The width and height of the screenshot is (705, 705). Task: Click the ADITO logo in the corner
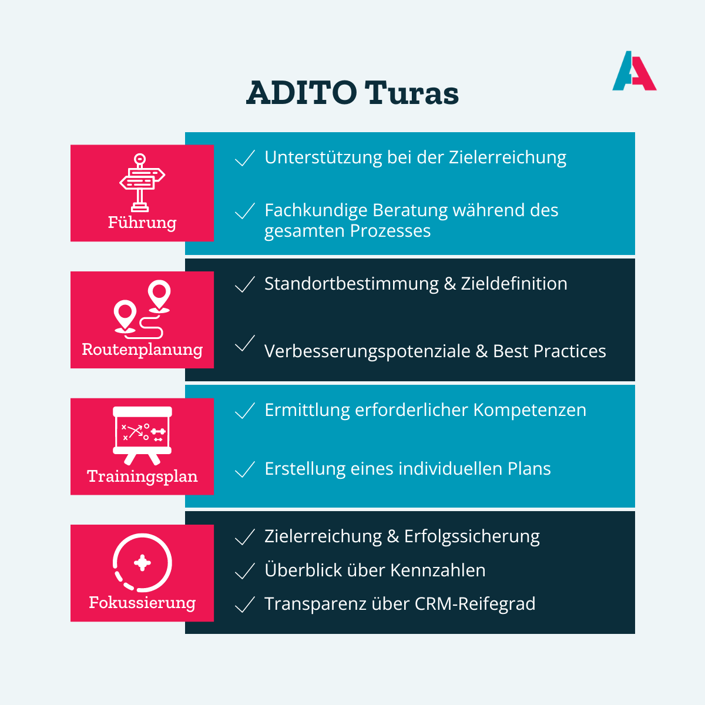[634, 70]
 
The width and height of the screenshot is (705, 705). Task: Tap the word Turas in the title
[412, 93]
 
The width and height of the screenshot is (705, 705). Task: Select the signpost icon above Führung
[142, 183]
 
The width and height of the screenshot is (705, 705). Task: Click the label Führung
[142, 223]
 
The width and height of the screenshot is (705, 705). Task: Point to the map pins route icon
[142, 309]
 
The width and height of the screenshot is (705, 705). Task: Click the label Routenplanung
[142, 350]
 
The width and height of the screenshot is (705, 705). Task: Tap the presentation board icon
[142, 435]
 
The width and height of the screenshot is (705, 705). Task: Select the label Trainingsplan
[142, 476]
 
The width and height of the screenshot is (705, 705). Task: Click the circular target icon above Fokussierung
[142, 563]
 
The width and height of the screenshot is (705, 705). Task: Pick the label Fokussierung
[142, 603]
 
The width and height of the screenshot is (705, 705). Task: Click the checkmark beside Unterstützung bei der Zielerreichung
[244, 158]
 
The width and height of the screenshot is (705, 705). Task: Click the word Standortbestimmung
[351, 284]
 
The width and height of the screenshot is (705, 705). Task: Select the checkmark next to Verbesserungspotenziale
[244, 343]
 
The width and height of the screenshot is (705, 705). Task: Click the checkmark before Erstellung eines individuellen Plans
[244, 469]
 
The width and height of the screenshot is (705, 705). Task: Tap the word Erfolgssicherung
[472, 537]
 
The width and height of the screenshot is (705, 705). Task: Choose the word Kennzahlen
[438, 570]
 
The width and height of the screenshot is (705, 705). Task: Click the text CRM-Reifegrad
[475, 605]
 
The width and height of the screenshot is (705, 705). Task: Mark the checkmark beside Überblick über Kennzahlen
[244, 570]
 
